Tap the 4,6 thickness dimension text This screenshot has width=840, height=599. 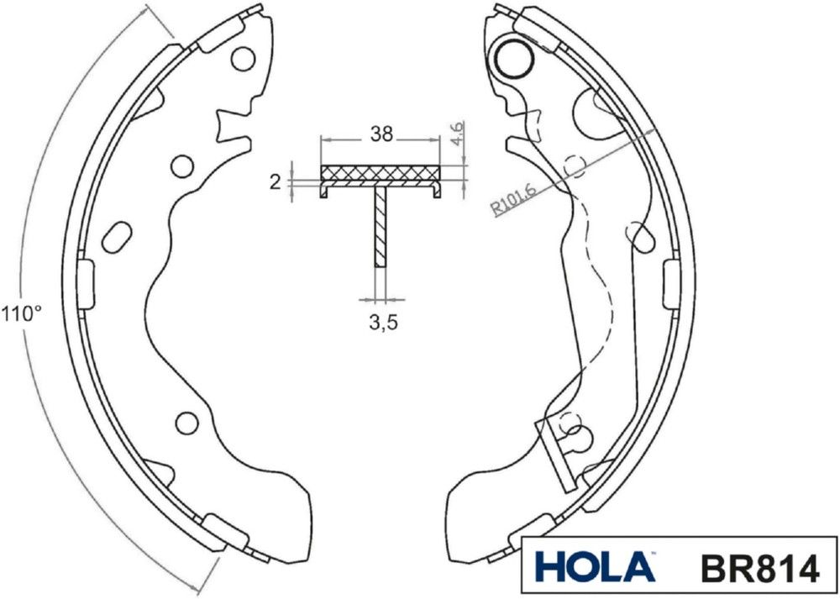[458, 135]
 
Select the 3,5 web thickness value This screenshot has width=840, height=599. [383, 323]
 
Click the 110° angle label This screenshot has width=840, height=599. [20, 314]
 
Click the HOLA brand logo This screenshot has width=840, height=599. [594, 567]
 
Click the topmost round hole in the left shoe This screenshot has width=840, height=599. [243, 59]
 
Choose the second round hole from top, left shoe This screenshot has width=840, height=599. [181, 166]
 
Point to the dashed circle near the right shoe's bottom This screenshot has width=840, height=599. [571, 423]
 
